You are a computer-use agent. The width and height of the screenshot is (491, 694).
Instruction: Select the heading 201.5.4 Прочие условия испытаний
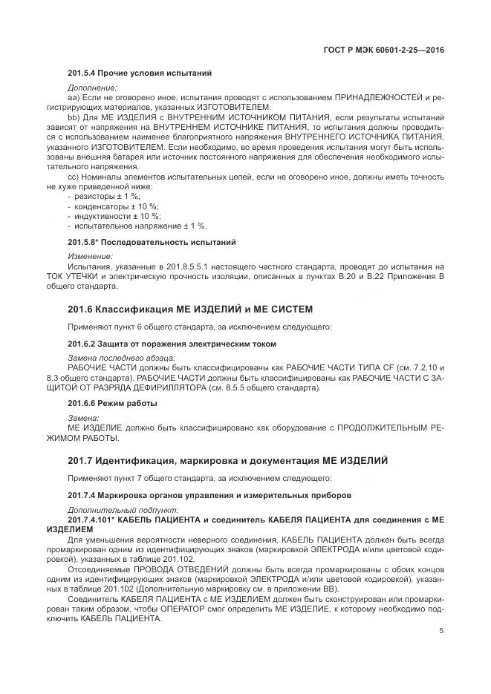[140, 73]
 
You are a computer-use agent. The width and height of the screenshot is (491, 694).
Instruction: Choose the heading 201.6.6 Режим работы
[112, 403]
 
